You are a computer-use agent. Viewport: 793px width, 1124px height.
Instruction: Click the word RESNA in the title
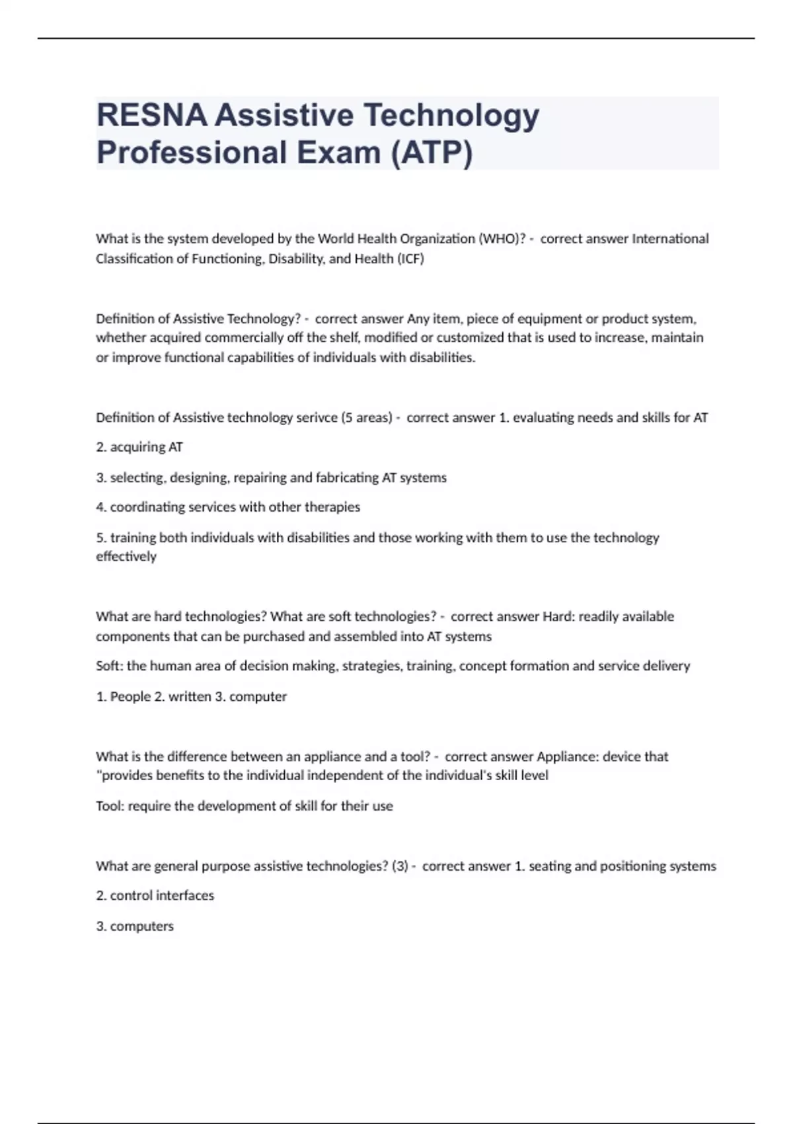click(x=151, y=116)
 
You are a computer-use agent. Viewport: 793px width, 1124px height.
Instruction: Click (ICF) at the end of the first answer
click(x=410, y=259)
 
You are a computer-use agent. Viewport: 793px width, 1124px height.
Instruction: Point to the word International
click(x=670, y=239)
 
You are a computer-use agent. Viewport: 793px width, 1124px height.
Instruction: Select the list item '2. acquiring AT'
click(x=139, y=448)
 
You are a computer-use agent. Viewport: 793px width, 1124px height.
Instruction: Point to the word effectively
click(x=126, y=557)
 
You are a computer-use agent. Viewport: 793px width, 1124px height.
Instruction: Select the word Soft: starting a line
click(x=110, y=666)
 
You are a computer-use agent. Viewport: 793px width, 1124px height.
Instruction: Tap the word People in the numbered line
click(x=130, y=696)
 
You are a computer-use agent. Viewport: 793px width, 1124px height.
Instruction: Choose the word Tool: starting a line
click(x=110, y=806)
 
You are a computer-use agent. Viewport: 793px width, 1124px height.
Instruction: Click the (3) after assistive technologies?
click(x=400, y=866)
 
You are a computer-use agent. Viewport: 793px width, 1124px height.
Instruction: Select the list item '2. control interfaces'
click(x=155, y=896)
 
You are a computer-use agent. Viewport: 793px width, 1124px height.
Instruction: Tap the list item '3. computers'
click(x=135, y=926)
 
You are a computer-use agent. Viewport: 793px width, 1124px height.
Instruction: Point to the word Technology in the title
click(x=451, y=116)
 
